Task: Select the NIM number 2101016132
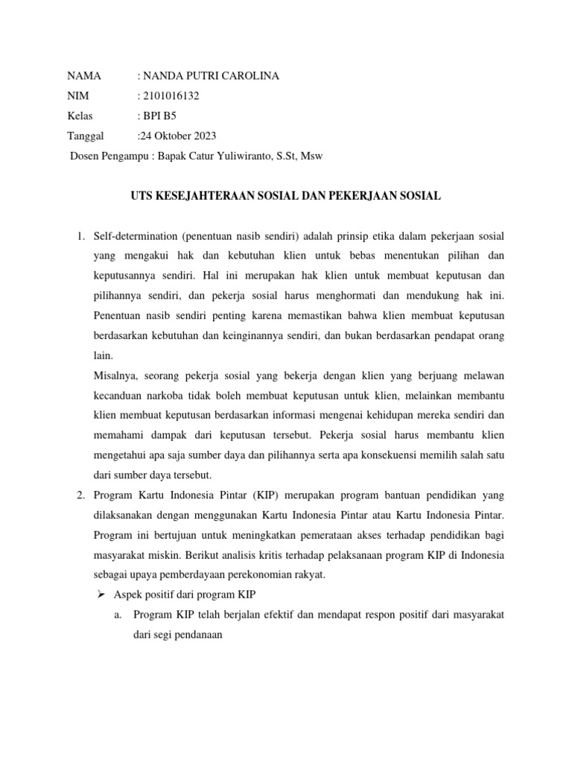pos(171,96)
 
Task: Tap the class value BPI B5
pos(160,116)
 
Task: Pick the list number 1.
pos(81,236)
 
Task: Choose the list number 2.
pos(81,495)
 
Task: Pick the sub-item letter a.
pos(118,615)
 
